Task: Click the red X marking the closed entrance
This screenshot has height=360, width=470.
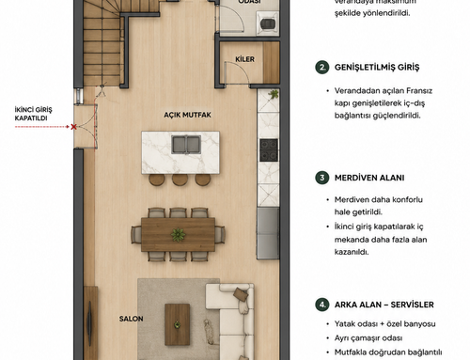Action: point(73,127)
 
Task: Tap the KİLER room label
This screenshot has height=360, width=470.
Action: point(244,59)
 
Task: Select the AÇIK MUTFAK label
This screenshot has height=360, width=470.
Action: point(187,115)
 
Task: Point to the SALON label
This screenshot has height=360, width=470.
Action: point(131,319)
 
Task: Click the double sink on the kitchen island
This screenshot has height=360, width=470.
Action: point(186,145)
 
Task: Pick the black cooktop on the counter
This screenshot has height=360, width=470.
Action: point(269,150)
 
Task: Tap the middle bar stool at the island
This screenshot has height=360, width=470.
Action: point(180,180)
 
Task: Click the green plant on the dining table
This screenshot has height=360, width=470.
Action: point(178,235)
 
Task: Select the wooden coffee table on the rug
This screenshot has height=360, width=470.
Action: point(178,324)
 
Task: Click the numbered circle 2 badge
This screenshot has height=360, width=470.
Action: point(322,67)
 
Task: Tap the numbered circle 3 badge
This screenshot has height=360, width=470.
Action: point(322,178)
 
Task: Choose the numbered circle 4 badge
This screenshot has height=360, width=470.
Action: point(322,305)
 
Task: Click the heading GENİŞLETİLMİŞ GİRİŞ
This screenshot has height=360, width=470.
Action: point(377,68)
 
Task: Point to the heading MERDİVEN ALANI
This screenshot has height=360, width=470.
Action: point(369,178)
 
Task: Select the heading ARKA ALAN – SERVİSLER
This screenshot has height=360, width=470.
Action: point(384,305)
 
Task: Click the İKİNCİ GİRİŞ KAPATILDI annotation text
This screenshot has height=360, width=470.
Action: point(33,114)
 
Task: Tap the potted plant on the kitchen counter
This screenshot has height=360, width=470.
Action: point(274,94)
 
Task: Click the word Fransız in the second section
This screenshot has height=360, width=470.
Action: point(419,90)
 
